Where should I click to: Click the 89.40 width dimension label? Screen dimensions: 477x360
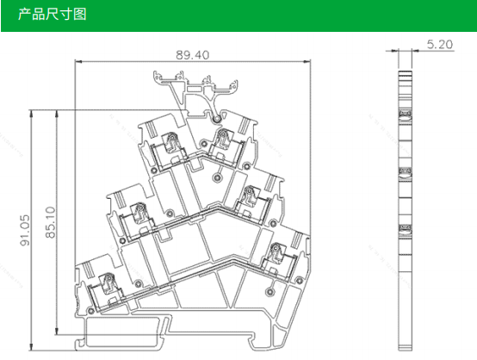coord(193,55)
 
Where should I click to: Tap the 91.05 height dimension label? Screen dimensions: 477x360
coord(25,230)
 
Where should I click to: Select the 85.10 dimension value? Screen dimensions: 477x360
coord(51,222)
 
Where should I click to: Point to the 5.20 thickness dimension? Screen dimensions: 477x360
coord(440,45)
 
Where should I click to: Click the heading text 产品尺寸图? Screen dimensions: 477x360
coord(53,15)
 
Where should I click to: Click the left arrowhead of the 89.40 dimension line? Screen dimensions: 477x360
coord(78,61)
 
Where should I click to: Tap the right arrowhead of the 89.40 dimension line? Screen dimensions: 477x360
coord(307,61)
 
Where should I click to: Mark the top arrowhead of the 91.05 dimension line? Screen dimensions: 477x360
coord(31,113)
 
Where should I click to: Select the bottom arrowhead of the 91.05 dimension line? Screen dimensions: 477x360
coord(31,346)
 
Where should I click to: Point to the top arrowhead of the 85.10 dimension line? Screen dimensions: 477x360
coord(56,114)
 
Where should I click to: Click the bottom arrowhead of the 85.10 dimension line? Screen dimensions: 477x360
coord(56,331)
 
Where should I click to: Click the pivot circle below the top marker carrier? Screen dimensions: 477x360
coord(217,120)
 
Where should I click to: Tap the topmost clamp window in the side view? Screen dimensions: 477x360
coord(406,115)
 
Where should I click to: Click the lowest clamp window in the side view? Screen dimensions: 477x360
coord(406,229)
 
